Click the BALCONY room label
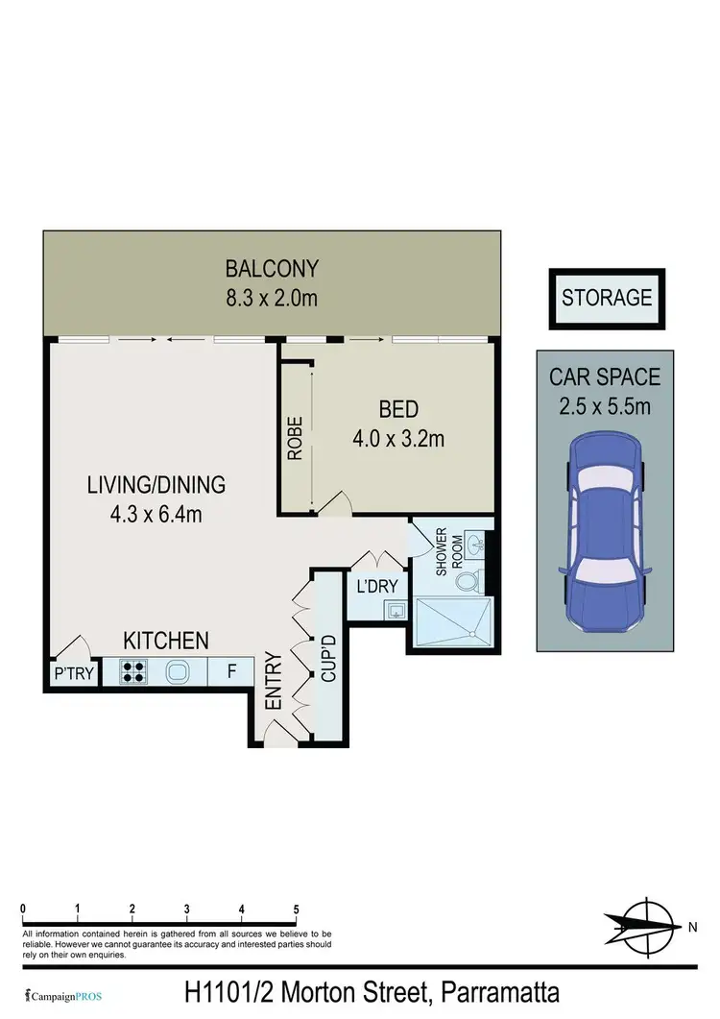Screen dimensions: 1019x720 point(271,268)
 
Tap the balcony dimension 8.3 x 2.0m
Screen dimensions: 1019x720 point(271,298)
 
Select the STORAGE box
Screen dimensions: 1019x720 point(607,298)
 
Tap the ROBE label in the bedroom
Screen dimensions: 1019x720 point(296,437)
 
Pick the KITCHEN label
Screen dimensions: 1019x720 point(165,640)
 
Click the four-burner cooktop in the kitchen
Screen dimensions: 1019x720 point(132,671)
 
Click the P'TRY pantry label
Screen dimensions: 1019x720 point(74,673)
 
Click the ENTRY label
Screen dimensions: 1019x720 point(272,682)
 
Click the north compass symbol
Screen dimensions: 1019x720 point(649,926)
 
